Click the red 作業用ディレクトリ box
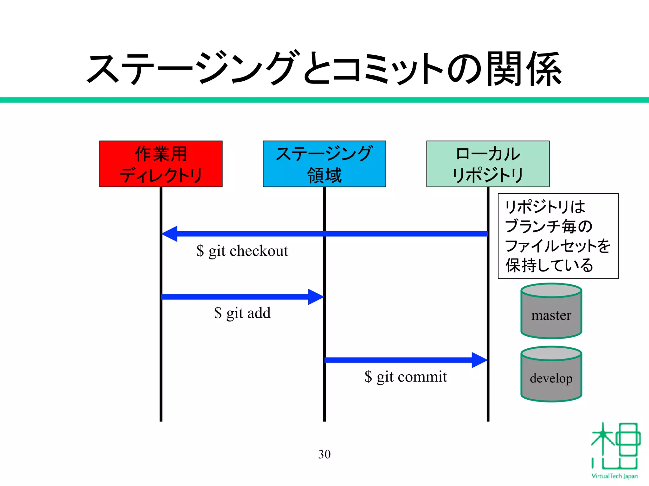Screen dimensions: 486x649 click(161, 164)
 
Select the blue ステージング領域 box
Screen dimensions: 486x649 click(324, 164)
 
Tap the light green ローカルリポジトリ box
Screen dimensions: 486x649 click(488, 164)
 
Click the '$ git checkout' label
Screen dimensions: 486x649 click(242, 251)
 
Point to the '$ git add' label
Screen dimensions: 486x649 click(242, 313)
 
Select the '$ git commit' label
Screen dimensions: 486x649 click(406, 377)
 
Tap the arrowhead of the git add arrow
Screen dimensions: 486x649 click(316, 297)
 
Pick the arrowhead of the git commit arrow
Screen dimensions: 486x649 click(479, 360)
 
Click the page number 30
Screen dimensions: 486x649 click(324, 454)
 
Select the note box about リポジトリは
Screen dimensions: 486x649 click(558, 236)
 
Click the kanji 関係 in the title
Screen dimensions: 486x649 click(524, 69)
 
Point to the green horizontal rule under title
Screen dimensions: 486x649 click(324, 100)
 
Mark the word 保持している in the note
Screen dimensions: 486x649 click(549, 265)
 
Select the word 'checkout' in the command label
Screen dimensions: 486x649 click(259, 251)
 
